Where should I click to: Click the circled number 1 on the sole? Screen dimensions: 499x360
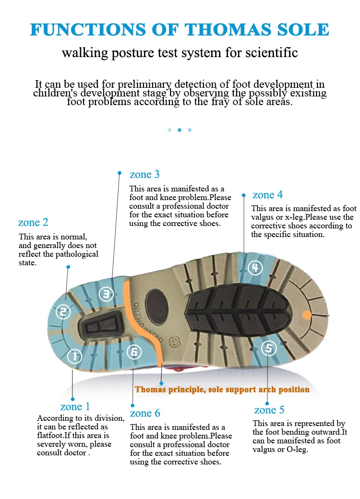[x=74, y=356]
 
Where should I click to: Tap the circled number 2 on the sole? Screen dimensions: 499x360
[x=63, y=312]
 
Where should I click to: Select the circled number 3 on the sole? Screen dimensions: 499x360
[x=106, y=294]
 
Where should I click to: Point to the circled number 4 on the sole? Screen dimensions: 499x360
[x=254, y=268]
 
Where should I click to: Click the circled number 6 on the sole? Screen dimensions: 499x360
[x=134, y=352]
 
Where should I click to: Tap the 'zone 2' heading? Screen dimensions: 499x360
[x=33, y=223]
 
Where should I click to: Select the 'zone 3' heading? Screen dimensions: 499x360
[x=144, y=174]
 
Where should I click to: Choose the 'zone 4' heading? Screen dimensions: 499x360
[x=267, y=195]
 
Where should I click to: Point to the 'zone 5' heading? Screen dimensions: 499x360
[x=269, y=410]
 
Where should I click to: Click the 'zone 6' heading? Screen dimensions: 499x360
[x=145, y=413]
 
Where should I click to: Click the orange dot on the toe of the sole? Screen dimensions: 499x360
[x=307, y=315]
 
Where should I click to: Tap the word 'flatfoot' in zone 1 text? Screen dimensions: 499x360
[x=52, y=436]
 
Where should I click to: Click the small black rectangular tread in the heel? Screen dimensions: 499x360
[x=101, y=327]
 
